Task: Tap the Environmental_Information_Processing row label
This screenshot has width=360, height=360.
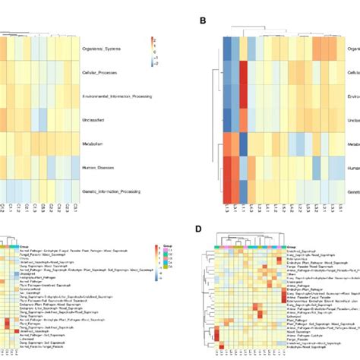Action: tap(122, 96)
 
